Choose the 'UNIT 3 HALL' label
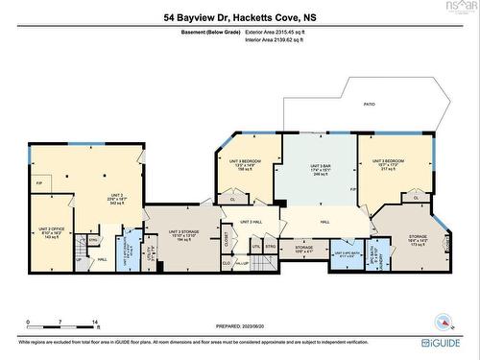pyautogui.click(x=252, y=222)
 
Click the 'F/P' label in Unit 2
pyautogui.click(x=38, y=181)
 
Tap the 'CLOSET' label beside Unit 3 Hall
pyautogui.click(x=228, y=235)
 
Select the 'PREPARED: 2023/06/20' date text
pyautogui.click(x=239, y=326)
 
